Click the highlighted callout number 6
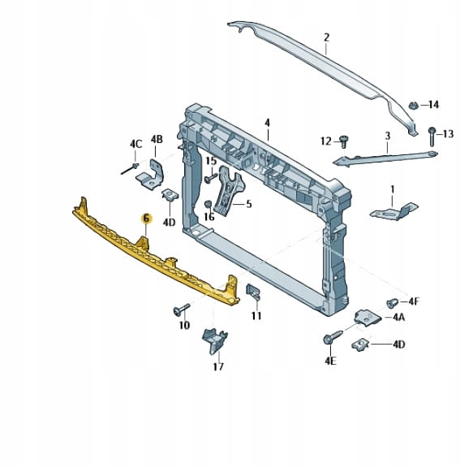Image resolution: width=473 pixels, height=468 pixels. pyautogui.click(x=146, y=218)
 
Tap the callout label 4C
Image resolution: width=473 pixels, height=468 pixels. pyautogui.click(x=135, y=144)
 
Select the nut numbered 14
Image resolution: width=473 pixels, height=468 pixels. pyautogui.click(x=413, y=106)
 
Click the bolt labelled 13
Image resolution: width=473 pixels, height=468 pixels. pyautogui.click(x=432, y=136)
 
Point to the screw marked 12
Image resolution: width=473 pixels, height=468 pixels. pyautogui.click(x=343, y=141)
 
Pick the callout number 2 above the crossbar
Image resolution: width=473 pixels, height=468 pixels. pyautogui.click(x=327, y=37)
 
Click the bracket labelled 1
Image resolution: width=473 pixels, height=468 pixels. pyautogui.click(x=393, y=211)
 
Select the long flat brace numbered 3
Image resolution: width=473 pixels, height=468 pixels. pyautogui.click(x=385, y=158)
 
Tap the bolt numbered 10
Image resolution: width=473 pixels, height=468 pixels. pyautogui.click(x=181, y=310)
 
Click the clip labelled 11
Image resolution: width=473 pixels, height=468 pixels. pyautogui.click(x=253, y=292)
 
